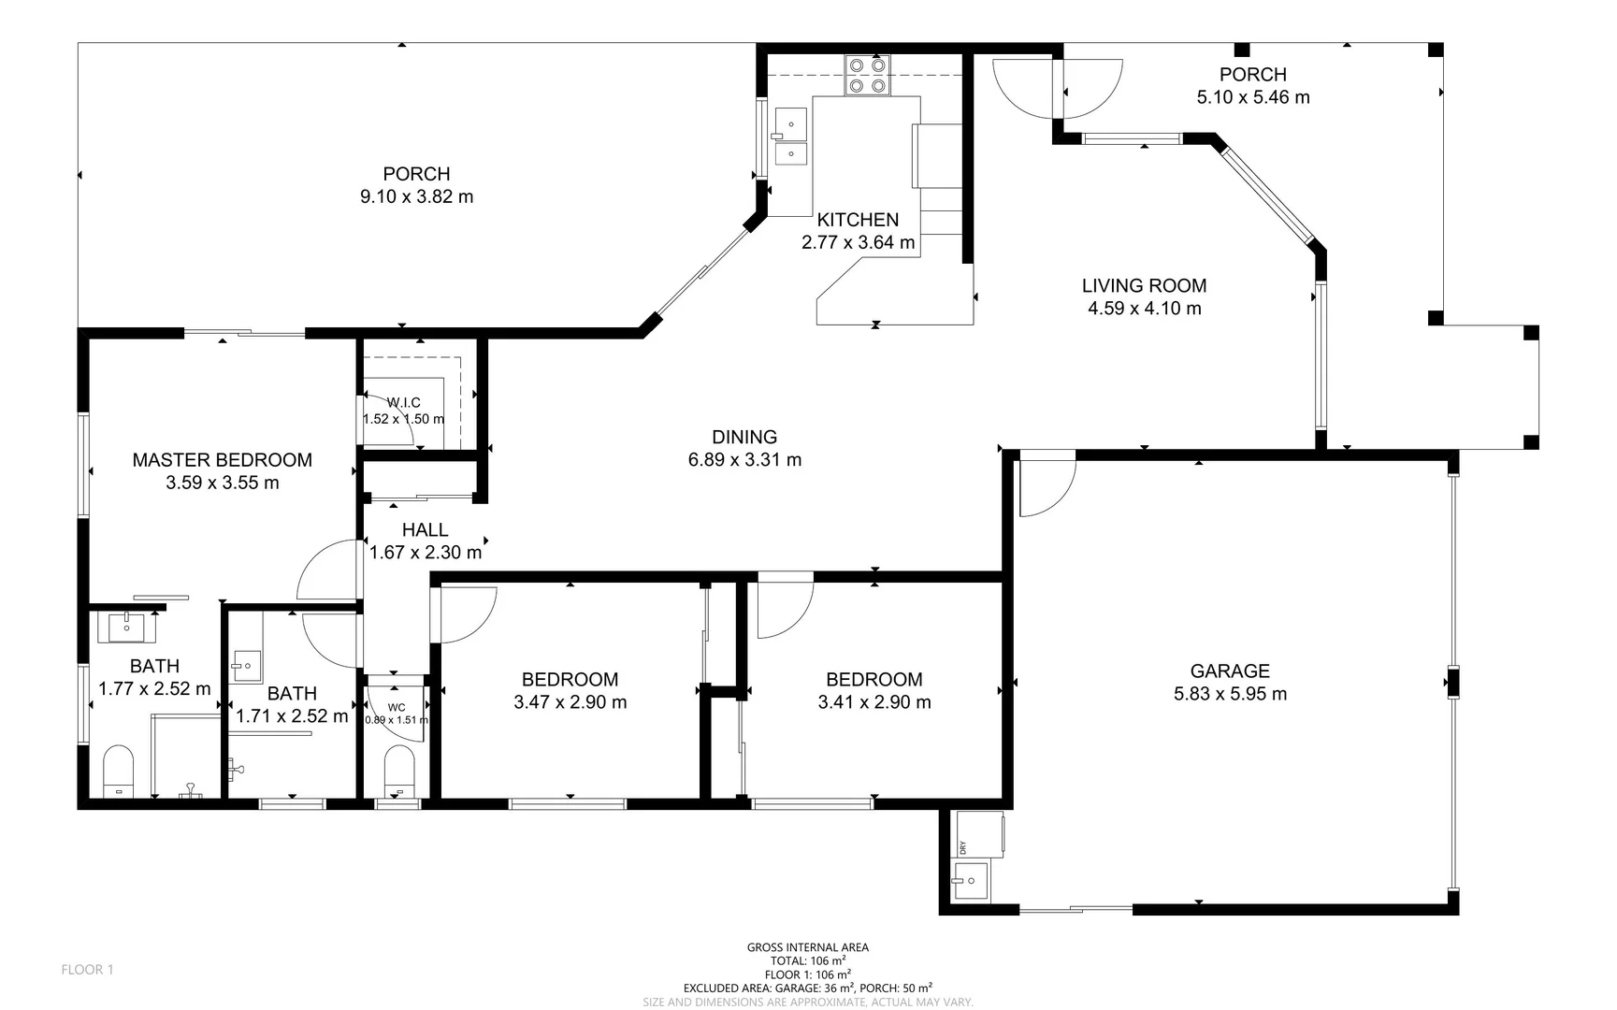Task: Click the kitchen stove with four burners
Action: tap(866, 76)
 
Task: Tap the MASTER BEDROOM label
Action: tap(222, 460)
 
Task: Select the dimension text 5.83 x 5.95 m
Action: tap(1230, 694)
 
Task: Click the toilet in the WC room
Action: tap(399, 770)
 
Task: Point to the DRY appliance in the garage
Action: tap(978, 833)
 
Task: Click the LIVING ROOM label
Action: tap(1144, 286)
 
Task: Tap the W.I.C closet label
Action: tap(404, 403)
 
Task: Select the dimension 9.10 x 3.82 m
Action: tap(416, 197)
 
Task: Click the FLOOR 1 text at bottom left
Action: tap(87, 970)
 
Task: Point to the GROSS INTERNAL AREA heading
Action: tap(807, 947)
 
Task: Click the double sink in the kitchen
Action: tap(791, 137)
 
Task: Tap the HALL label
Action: tap(425, 530)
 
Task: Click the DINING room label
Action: tap(744, 437)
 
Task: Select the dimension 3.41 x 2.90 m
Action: tap(873, 702)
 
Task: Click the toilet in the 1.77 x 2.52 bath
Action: tap(118, 771)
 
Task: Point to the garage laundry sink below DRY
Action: tap(970, 881)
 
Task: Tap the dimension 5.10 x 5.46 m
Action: tap(1252, 97)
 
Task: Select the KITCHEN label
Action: tap(858, 220)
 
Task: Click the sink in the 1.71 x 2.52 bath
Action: tap(247, 667)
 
